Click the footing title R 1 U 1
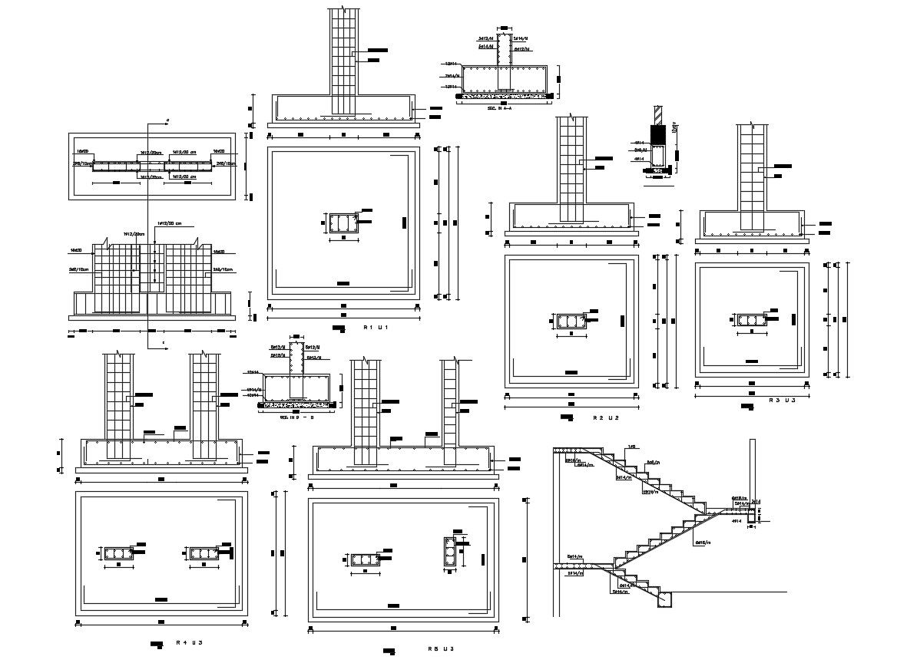pyautogui.click(x=377, y=328)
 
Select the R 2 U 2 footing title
pyautogui.click(x=606, y=418)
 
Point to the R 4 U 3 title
pyautogui.click(x=189, y=642)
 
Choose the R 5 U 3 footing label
pyautogui.click(x=442, y=649)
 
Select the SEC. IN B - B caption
pyautogui.click(x=296, y=417)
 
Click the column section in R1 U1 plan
pyautogui.click(x=343, y=223)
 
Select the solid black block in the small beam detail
pyautogui.click(x=657, y=134)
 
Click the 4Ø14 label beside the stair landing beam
pyautogui.click(x=736, y=522)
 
